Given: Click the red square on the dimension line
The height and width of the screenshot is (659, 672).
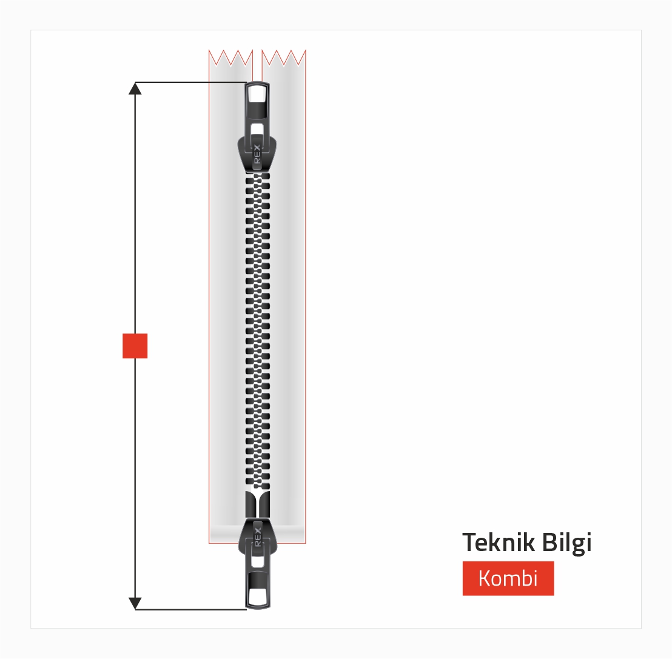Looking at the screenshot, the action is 135,346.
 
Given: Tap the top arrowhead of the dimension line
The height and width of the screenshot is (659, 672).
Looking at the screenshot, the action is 135,89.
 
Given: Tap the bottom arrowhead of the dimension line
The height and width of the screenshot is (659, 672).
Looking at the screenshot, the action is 135,603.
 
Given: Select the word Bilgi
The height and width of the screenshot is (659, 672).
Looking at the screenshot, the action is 566,543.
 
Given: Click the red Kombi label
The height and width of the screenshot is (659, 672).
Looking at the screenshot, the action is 508,578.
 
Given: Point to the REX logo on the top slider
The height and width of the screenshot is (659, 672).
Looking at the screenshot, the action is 257,154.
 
